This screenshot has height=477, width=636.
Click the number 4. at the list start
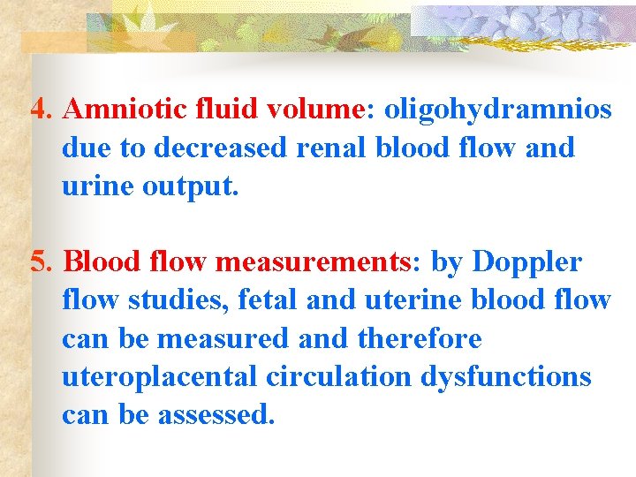[42, 110]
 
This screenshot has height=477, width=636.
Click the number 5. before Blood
[42, 263]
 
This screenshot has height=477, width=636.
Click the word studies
[173, 301]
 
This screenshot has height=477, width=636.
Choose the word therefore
[419, 339]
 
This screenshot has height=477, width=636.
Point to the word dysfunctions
[505, 378]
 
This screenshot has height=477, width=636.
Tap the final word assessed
[215, 415]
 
